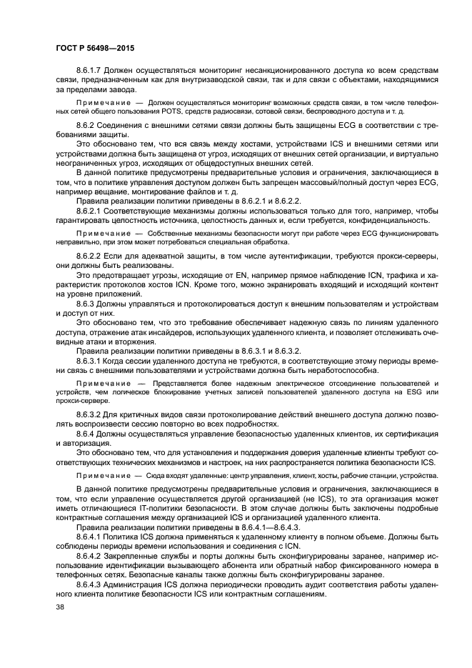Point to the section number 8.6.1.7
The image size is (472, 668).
coord(91,71)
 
